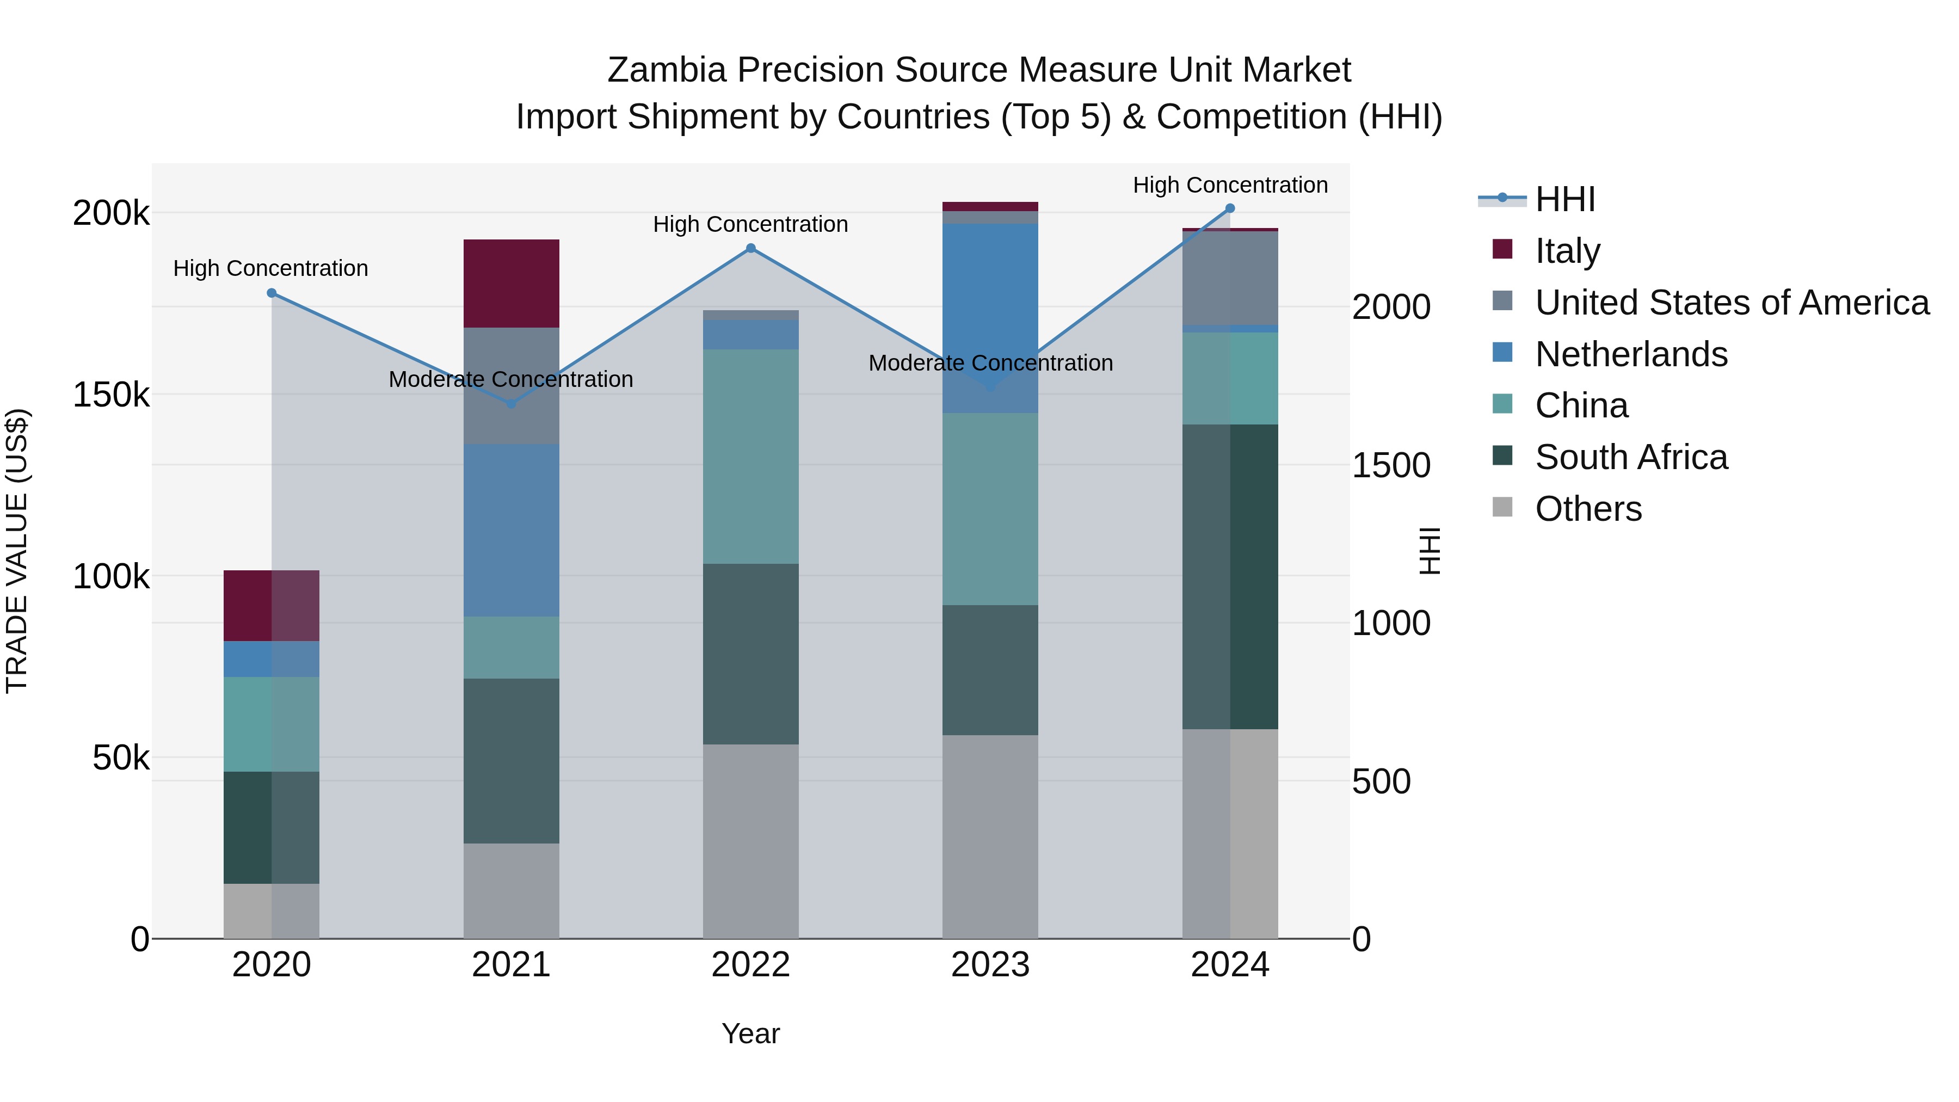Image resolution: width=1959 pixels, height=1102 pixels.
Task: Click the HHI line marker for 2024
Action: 1230,208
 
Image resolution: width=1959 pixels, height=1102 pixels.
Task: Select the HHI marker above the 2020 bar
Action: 272,293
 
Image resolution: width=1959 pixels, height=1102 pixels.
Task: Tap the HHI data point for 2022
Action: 750,248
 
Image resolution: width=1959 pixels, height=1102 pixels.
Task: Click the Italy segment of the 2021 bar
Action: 511,284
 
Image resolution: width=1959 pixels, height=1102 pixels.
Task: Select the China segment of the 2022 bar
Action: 750,457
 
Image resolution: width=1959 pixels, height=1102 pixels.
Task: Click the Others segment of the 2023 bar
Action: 990,836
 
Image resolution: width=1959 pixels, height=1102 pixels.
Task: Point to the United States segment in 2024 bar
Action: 1230,278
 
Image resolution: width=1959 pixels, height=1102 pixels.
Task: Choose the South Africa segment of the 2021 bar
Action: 511,761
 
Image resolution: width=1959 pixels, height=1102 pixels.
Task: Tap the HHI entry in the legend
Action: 1564,199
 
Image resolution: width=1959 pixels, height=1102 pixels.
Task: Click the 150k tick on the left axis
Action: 111,395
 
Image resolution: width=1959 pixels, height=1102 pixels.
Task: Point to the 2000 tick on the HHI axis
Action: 1391,307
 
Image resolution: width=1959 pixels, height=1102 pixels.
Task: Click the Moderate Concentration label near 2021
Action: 511,379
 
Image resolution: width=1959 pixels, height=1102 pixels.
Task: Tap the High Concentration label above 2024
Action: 1230,186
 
